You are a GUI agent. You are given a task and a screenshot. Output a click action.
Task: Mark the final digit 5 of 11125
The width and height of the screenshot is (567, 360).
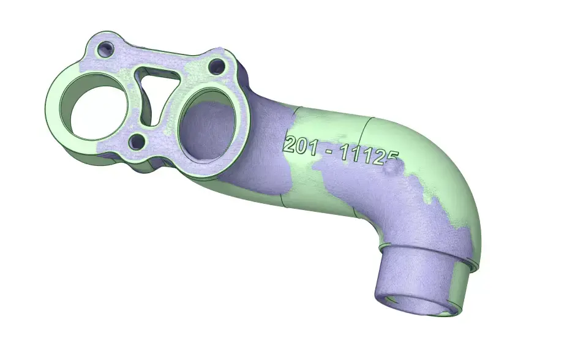[x=392, y=159]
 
